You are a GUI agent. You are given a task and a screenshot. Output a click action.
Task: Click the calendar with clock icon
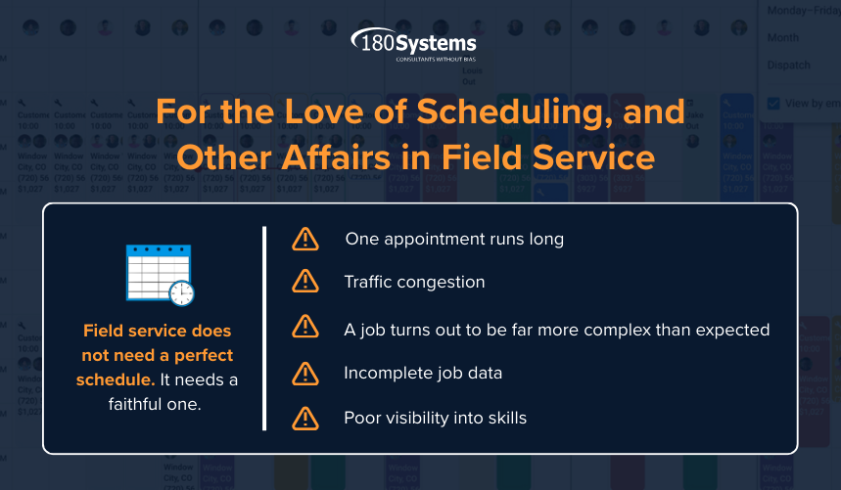point(160,274)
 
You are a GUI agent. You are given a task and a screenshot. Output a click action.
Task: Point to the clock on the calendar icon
point(181,292)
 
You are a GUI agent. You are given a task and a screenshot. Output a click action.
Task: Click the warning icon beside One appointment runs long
point(306,239)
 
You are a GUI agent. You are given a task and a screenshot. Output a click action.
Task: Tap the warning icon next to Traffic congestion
point(306,283)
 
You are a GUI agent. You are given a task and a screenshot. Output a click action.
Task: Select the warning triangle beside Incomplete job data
point(306,374)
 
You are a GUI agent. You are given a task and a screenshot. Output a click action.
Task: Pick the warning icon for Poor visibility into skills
point(306,419)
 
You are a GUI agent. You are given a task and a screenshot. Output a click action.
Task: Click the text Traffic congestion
point(414,283)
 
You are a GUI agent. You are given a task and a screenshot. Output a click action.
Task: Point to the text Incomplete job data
point(422,374)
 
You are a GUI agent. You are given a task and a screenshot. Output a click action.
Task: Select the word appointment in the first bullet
point(430,239)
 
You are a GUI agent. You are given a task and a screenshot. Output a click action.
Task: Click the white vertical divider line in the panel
point(264,328)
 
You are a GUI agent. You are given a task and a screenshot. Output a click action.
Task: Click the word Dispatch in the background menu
point(788,66)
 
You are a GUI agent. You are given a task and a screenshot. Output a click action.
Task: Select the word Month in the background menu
point(782,38)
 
